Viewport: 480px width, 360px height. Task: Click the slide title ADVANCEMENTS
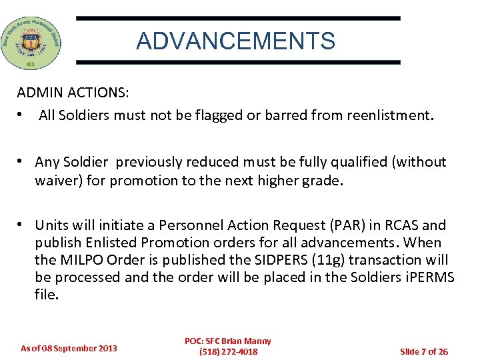[235, 41]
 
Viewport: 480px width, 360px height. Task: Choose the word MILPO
[83, 260]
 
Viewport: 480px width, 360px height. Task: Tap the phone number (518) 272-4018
[228, 351]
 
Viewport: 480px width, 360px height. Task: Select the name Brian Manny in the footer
[247, 341]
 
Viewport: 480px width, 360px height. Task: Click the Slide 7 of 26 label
[423, 351]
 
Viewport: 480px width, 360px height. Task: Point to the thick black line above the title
[238, 19]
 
